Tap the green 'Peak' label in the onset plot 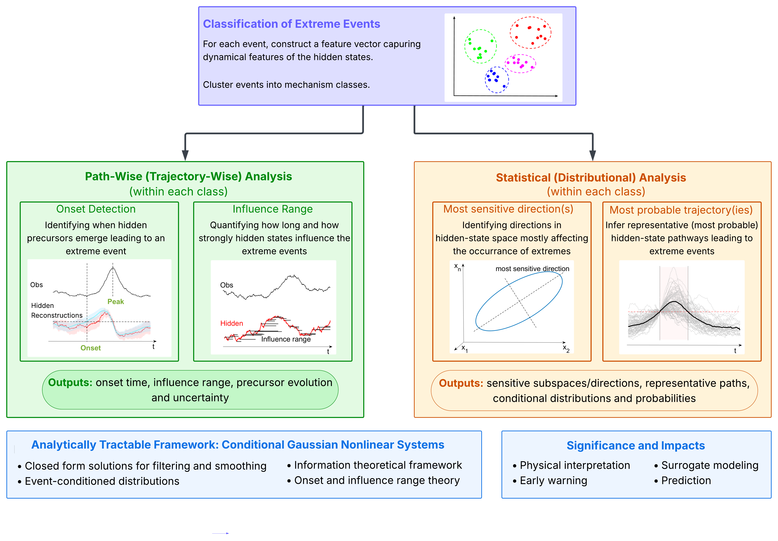coord(116,301)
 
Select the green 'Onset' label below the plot coord(90,348)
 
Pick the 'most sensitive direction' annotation coord(532,269)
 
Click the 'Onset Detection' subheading coord(96,209)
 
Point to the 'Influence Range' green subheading coord(272,209)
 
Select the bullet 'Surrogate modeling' coord(706,465)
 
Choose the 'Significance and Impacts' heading coord(636,445)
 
